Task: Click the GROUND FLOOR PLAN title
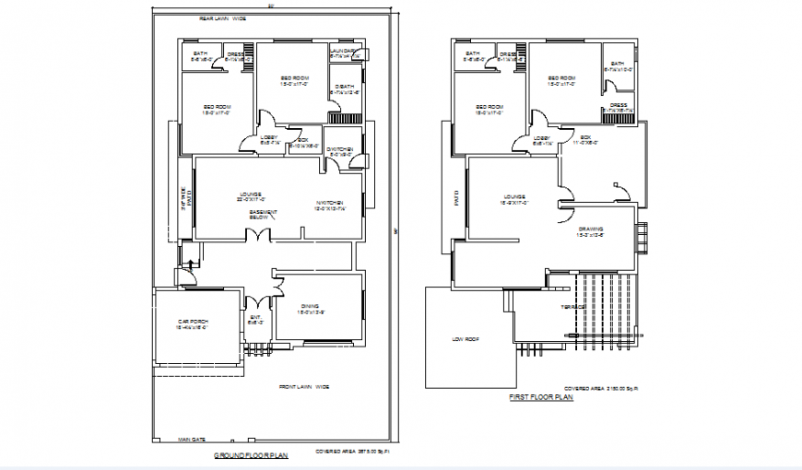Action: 251,455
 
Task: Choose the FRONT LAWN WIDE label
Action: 304,387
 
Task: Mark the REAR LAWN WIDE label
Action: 222,18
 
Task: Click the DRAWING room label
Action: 591,231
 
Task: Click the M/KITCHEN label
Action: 329,205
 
